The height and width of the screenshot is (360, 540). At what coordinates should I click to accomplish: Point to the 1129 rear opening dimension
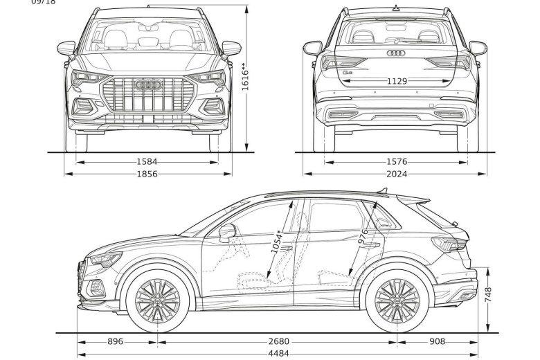(x=397, y=81)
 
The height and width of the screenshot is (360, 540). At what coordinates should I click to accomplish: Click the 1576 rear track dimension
(x=395, y=161)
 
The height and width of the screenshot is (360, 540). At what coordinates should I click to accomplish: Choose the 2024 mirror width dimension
(x=395, y=174)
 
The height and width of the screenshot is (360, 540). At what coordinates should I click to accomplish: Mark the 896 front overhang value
(x=116, y=341)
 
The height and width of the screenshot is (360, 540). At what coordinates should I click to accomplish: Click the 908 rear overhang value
(x=438, y=341)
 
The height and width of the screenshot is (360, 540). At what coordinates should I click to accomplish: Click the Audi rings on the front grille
(x=147, y=84)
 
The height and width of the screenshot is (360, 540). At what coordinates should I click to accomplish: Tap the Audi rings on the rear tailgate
(x=395, y=53)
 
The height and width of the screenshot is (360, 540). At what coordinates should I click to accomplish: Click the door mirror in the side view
(x=226, y=233)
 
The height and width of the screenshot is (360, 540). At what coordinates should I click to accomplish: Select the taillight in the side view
(x=449, y=244)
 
